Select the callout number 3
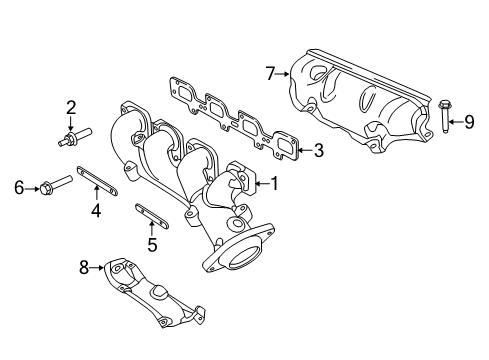[319, 152]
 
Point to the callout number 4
[96, 211]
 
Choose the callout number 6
[18, 185]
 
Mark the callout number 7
[270, 72]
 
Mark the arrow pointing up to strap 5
[151, 224]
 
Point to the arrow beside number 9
[454, 123]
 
